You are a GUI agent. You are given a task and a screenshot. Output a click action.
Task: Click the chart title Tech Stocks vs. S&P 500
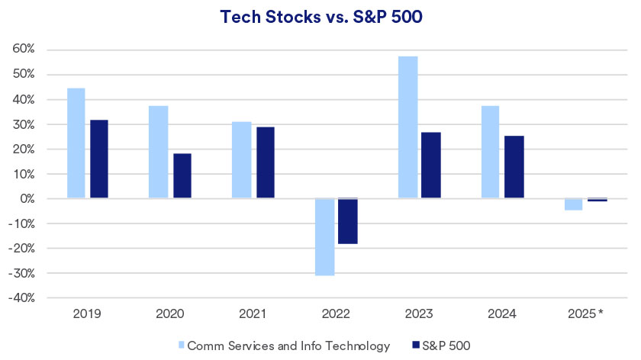320,17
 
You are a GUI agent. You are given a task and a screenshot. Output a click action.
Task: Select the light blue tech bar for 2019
76,143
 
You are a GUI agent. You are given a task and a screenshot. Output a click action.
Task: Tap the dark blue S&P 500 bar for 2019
99,159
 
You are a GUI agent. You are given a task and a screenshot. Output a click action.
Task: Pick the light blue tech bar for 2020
159,152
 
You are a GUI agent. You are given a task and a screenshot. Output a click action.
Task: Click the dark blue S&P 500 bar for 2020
182,176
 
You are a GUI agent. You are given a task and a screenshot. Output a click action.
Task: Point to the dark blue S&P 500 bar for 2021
266,162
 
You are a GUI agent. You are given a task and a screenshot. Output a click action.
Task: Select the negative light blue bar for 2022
325,236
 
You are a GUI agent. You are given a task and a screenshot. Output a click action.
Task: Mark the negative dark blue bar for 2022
348,221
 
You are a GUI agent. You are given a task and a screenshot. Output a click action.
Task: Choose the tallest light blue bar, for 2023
408,127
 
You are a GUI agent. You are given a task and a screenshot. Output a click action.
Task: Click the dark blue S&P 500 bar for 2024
514,167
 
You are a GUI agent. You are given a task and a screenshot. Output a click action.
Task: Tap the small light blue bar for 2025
574,204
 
